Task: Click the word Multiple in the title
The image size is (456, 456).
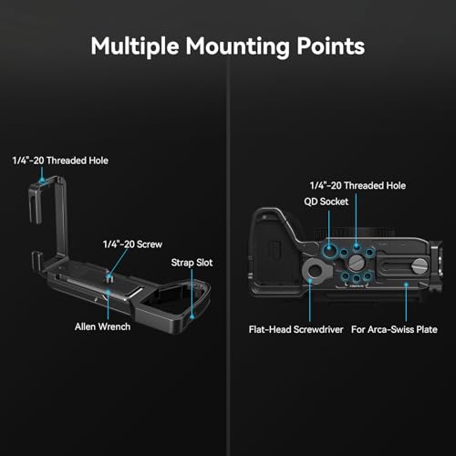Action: (135, 47)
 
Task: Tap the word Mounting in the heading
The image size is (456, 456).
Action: (238, 47)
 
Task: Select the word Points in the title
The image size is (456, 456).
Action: (331, 47)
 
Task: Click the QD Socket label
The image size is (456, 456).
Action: (326, 202)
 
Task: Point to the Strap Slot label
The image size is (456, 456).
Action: (192, 263)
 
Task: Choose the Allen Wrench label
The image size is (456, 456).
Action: (103, 326)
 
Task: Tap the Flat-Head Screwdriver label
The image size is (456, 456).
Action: (295, 329)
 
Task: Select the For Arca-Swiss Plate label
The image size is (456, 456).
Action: (394, 329)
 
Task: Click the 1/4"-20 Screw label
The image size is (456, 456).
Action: (132, 244)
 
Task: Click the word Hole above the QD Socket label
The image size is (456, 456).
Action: (396, 185)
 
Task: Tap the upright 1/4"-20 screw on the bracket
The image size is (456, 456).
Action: (109, 277)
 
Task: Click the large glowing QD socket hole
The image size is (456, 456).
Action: (328, 250)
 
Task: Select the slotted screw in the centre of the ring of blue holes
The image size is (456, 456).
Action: (355, 262)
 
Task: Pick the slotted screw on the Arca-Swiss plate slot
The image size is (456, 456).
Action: (419, 265)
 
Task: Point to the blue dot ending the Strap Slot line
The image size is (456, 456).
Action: (192, 317)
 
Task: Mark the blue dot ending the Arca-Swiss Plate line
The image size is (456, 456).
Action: (406, 285)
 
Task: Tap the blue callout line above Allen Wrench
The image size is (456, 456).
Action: (108, 306)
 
